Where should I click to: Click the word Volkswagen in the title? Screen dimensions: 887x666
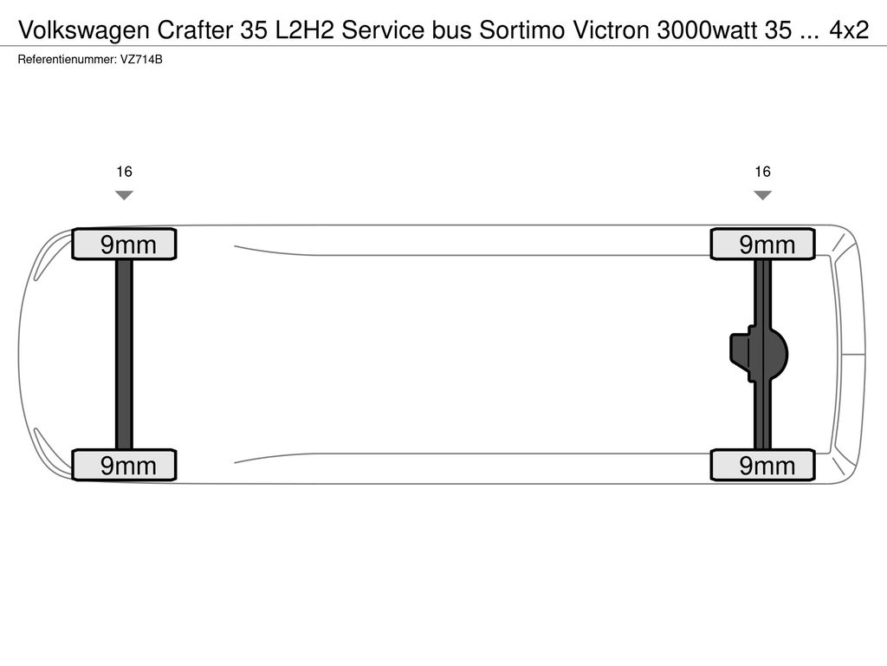[84, 30]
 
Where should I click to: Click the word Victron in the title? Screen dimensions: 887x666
[612, 30]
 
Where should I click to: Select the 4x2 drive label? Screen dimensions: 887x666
[849, 30]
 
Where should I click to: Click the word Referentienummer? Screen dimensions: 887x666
[67, 60]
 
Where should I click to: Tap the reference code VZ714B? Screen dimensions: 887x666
[141, 60]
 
